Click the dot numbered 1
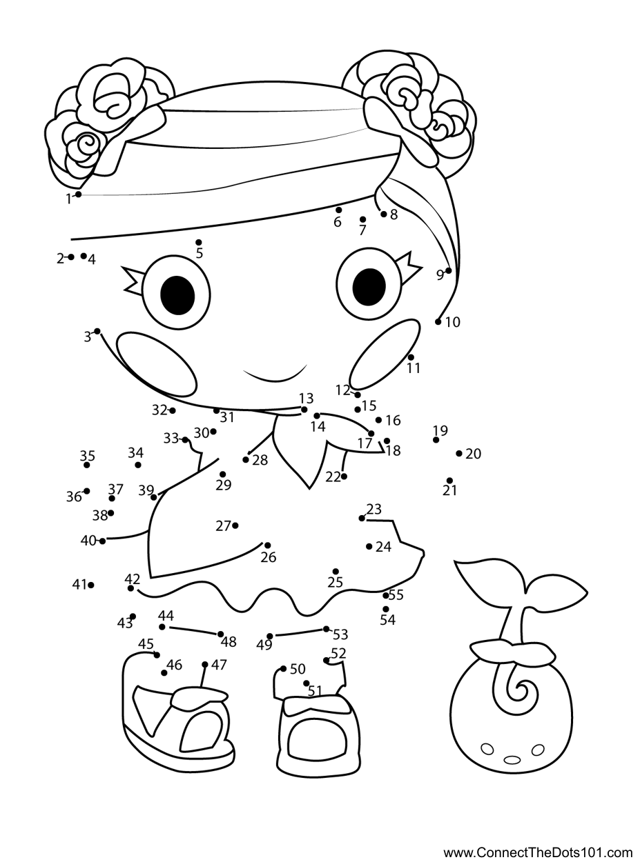(79, 194)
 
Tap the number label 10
(452, 322)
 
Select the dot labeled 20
(459, 453)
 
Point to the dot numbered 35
(87, 465)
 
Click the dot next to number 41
(91, 585)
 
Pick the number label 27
(223, 526)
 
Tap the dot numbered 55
(385, 595)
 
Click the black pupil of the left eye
(177, 296)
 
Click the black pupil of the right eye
(369, 287)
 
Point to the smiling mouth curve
(275, 378)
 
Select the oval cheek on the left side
(157, 363)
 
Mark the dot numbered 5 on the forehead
(199, 242)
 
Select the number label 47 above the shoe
(219, 665)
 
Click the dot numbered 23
(362, 518)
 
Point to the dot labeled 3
(97, 331)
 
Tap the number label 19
(440, 430)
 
